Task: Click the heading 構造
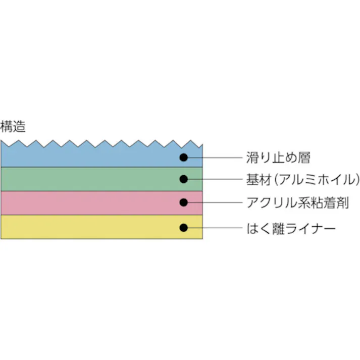13,127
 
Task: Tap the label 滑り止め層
278,157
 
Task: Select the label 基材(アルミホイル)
303,179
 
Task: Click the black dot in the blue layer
184,157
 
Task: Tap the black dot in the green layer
184,179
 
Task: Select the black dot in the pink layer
184,203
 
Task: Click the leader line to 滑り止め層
215,157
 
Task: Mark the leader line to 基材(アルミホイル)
215,179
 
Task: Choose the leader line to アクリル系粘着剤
215,203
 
